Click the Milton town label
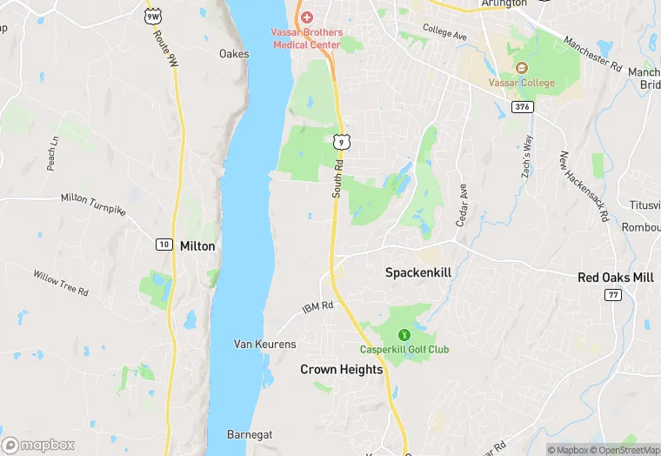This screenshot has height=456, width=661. pyautogui.click(x=197, y=246)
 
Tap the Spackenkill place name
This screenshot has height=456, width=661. pyautogui.click(x=418, y=272)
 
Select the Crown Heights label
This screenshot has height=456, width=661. pyautogui.click(x=342, y=370)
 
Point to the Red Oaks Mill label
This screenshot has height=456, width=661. pyautogui.click(x=616, y=278)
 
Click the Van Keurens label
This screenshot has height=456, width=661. pyautogui.click(x=265, y=345)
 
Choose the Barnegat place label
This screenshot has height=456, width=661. pyautogui.click(x=250, y=433)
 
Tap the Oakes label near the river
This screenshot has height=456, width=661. pyautogui.click(x=234, y=54)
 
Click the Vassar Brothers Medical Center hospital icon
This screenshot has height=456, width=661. pyautogui.click(x=305, y=17)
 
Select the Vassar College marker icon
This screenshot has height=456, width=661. pyautogui.click(x=521, y=68)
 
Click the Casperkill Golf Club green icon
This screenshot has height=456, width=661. pyautogui.click(x=404, y=334)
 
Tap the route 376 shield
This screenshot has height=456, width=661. pyautogui.click(x=522, y=107)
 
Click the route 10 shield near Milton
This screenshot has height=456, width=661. pyautogui.click(x=164, y=245)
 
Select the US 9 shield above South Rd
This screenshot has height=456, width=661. pyautogui.click(x=343, y=141)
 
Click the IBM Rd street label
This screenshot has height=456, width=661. pyautogui.click(x=317, y=307)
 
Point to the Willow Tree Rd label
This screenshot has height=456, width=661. pyautogui.click(x=61, y=283)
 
